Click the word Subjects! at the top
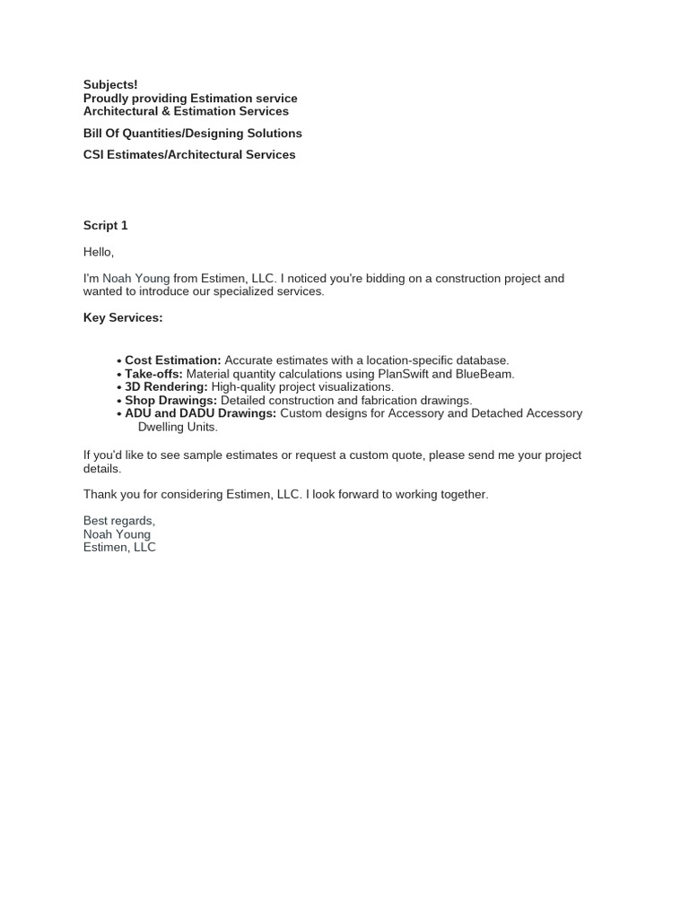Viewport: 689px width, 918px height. [110, 84]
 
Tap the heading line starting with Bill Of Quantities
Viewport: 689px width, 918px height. [192, 133]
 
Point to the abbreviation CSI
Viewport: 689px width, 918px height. [95, 154]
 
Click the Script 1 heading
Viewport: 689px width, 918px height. [105, 225]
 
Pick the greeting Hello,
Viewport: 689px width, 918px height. [99, 252]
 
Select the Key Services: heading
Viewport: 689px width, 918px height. [123, 317]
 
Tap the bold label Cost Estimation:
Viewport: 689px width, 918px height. [172, 360]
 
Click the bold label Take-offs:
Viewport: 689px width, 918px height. [153, 374]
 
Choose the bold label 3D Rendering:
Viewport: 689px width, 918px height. [166, 386]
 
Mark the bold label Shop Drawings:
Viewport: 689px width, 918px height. [170, 400]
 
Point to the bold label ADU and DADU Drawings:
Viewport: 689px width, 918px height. [200, 413]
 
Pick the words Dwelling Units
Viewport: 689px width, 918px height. [177, 427]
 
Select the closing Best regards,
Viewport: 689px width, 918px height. [119, 521]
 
